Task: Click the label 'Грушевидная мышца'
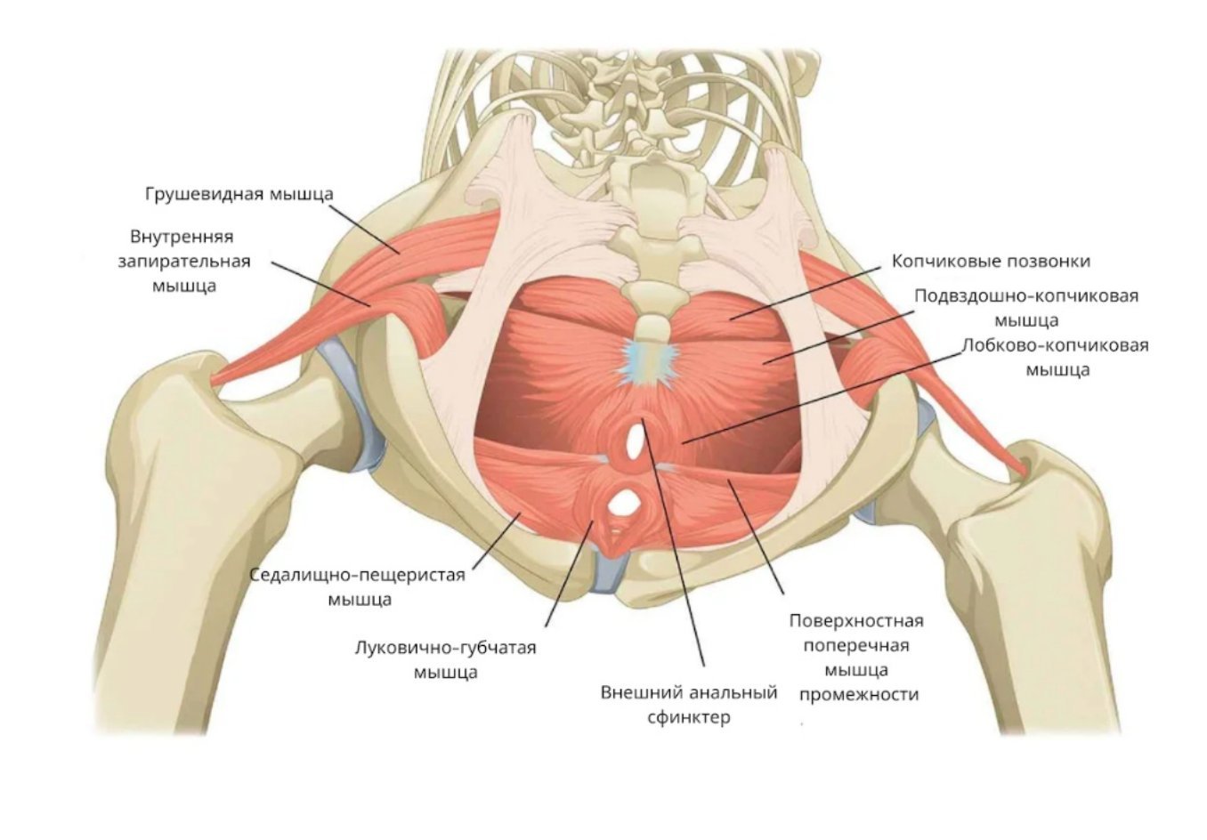click(x=239, y=195)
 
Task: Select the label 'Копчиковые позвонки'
click(x=991, y=262)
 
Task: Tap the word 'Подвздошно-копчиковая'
click(x=1026, y=296)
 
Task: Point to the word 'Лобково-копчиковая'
click(x=1056, y=345)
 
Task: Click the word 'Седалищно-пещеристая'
click(x=357, y=575)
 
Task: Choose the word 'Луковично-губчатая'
click(x=446, y=647)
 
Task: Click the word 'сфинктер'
click(x=689, y=718)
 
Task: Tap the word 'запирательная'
click(x=184, y=262)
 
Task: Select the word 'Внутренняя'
click(x=182, y=237)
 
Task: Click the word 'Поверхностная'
click(x=856, y=621)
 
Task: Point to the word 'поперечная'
click(x=856, y=646)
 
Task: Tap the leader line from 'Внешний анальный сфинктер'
click(x=672, y=541)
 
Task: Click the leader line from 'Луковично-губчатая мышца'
click(x=569, y=573)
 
